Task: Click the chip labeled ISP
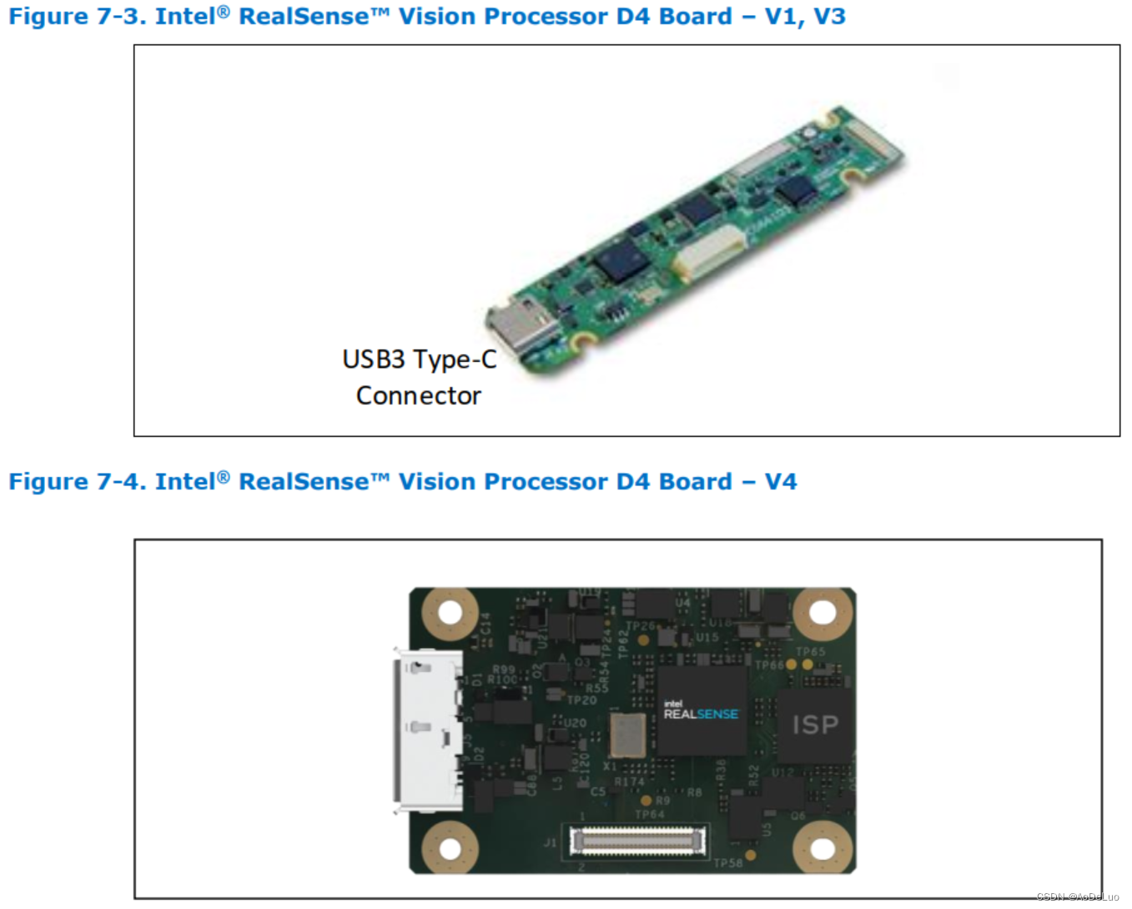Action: [814, 725]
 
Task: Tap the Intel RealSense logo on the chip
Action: [700, 711]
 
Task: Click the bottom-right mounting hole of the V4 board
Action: [823, 848]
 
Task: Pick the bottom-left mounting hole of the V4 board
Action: [450, 848]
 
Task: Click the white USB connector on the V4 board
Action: [429, 730]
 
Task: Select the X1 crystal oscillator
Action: [627, 736]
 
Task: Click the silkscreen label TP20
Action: [581, 701]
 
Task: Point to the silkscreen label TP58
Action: [727, 863]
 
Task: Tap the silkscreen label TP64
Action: [650, 814]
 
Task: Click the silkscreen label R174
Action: [630, 782]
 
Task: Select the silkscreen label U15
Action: [707, 637]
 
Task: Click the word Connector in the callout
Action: [418, 395]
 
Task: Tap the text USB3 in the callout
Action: [373, 359]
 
